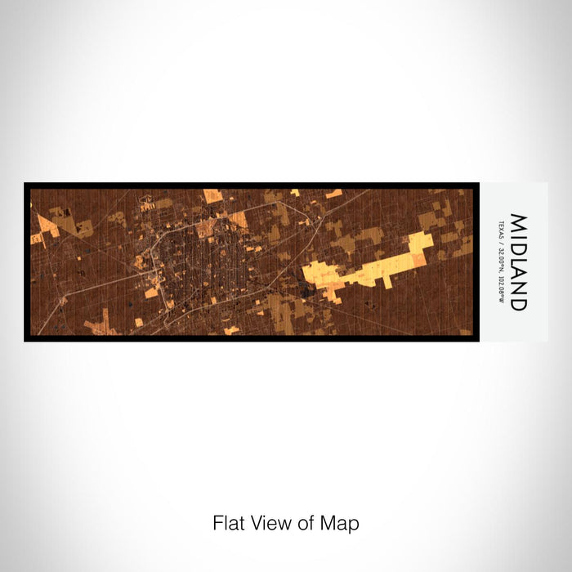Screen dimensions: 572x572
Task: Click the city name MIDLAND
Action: (519, 261)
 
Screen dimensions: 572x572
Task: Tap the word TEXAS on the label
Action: (500, 229)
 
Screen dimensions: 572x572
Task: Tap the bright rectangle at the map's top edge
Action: (212, 195)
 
